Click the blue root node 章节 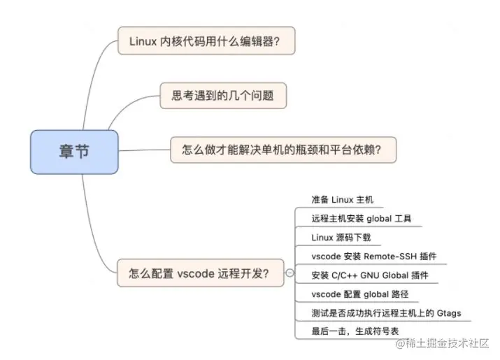point(73,151)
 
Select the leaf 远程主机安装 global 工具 point(362,218)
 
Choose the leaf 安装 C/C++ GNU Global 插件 point(369,275)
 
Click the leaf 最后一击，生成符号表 point(355,331)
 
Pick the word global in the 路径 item point(377,294)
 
